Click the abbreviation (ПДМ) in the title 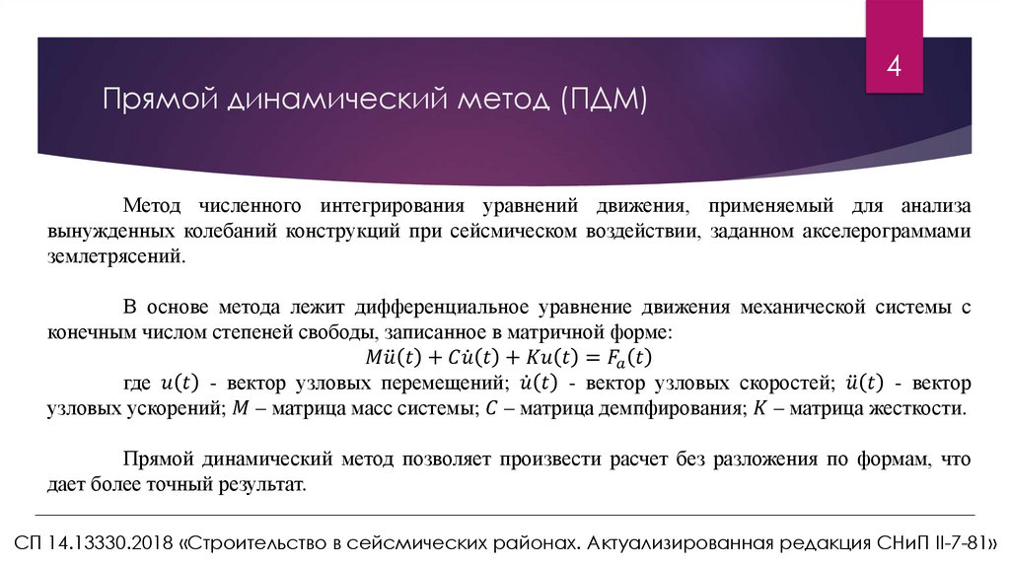pyautogui.click(x=604, y=100)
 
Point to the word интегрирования pyautogui.click(x=391, y=206)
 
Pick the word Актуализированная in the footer pyautogui.click(x=674, y=544)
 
